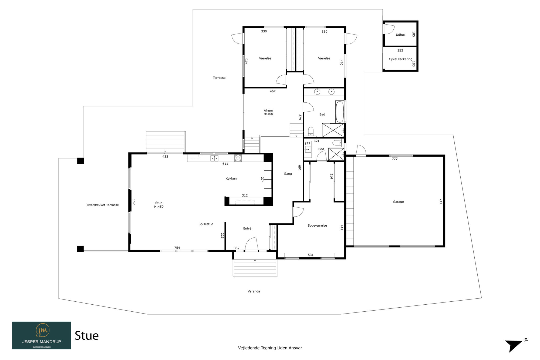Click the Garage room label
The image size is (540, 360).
398,202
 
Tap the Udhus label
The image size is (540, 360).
400,35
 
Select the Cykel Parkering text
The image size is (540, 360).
400,59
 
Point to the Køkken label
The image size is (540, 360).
231,179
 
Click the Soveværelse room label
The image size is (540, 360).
317,226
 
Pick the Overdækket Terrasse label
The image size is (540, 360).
103,205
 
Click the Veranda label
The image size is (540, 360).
254,291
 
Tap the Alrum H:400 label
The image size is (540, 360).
268,112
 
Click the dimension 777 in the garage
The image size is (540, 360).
395,159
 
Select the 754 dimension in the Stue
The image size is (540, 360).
177,248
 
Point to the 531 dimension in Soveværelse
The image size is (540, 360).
310,255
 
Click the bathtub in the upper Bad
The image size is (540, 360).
340,112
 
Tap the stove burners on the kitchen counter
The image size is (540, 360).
238,158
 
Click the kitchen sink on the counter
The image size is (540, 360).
214,158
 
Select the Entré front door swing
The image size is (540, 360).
251,244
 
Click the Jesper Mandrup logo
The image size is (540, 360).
42,335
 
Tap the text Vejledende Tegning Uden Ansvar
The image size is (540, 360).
270,348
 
